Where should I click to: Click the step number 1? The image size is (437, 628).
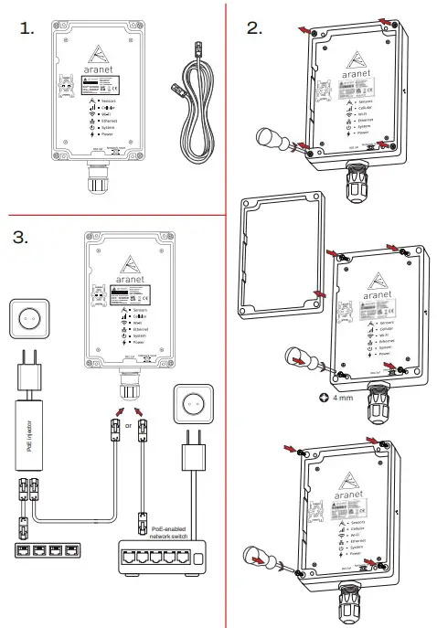(27, 28)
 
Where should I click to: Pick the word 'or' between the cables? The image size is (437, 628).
(128, 427)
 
